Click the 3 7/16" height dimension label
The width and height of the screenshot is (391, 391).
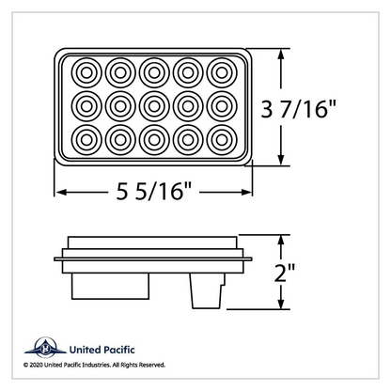pos(298,109)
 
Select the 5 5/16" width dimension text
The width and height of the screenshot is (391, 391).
pos(153,191)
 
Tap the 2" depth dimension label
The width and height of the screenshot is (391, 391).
pos(284,273)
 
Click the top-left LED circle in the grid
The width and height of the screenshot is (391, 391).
pos(86,72)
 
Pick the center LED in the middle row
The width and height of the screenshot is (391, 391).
pos(154,106)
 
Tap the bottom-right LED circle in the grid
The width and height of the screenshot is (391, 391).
pos(222,140)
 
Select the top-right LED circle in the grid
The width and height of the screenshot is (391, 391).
pos(222,72)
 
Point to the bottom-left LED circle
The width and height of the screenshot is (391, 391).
pos(86,140)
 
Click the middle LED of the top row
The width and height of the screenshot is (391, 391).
pos(154,72)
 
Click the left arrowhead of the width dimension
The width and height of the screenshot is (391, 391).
pos(61,192)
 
